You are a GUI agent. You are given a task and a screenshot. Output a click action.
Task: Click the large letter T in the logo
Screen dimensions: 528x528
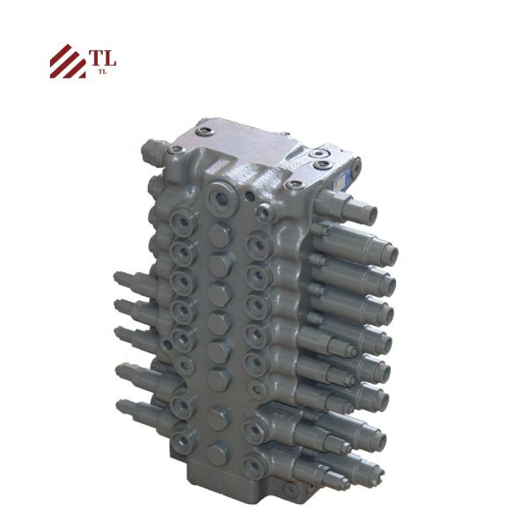95,59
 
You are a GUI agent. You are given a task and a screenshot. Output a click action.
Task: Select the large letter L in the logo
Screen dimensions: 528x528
109,59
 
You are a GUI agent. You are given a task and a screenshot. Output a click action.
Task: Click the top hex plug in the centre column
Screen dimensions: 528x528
218,231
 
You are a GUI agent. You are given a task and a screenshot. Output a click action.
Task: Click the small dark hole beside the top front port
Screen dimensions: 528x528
253,198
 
